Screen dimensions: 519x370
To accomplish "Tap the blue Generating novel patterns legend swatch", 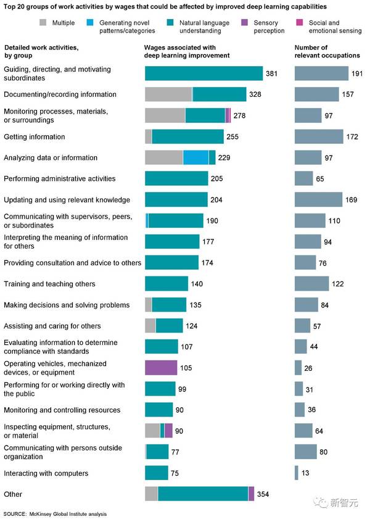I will pyautogui.click(x=93, y=22).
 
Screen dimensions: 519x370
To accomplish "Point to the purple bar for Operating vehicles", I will pyautogui.click(x=161, y=368).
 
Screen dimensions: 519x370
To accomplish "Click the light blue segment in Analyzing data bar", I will pyautogui.click(x=195, y=158).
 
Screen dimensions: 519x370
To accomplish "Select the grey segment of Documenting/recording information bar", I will pyautogui.click(x=168, y=94).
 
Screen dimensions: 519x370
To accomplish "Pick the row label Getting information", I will pyautogui.click(x=34, y=137).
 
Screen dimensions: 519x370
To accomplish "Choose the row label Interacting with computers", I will pyautogui.click(x=46, y=473).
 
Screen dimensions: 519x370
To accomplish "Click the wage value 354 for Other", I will pyautogui.click(x=263, y=494).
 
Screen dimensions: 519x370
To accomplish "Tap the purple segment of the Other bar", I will pyautogui.click(x=251, y=494).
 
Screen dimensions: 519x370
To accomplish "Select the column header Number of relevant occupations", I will pyautogui.click(x=327, y=51).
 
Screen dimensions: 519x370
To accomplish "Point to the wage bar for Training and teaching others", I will pyautogui.click(x=166, y=284).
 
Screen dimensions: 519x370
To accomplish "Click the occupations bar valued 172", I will pyautogui.click(x=319, y=136).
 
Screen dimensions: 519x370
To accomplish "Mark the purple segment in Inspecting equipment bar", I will pyautogui.click(x=168, y=431).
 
